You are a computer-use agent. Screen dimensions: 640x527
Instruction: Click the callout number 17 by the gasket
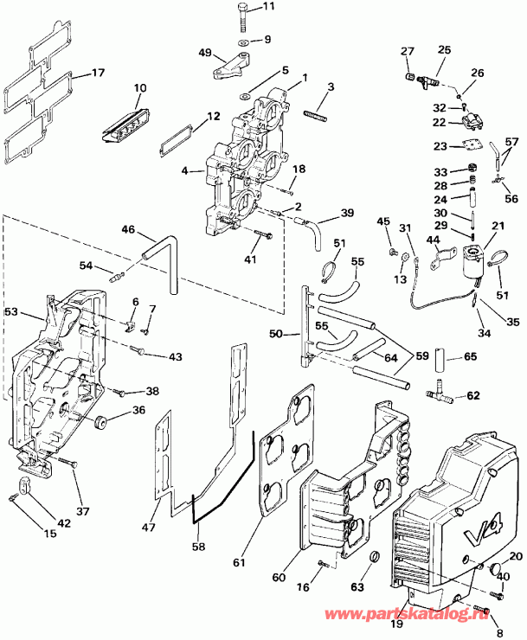click(97, 73)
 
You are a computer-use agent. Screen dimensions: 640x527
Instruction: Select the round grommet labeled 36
click(101, 422)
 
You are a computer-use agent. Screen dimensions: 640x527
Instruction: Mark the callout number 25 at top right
click(444, 51)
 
